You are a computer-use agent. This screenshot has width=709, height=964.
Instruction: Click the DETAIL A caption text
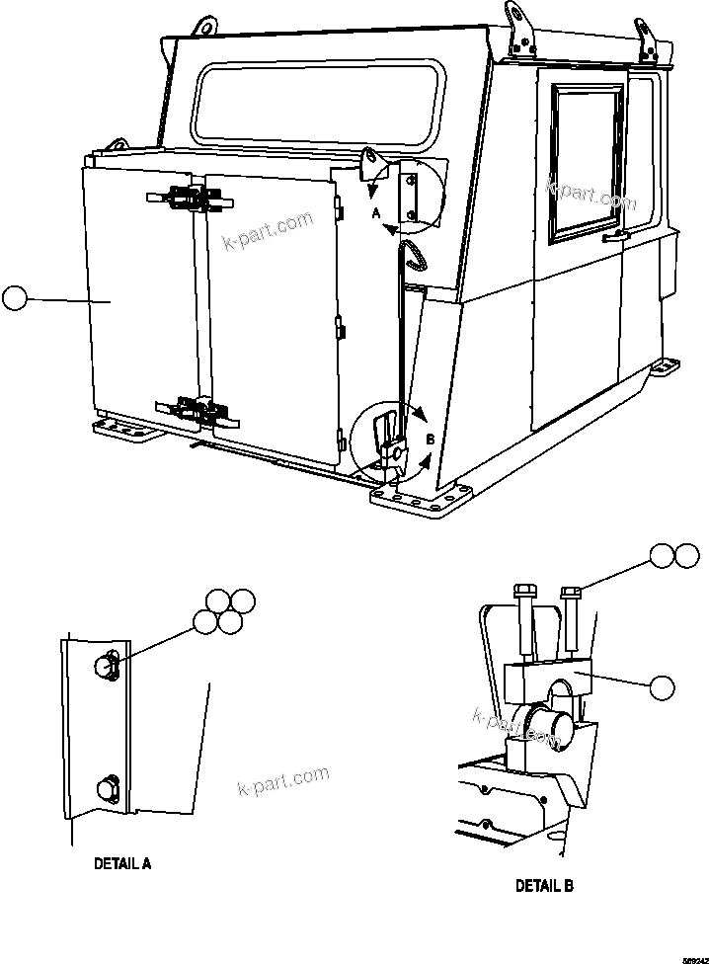click(122, 862)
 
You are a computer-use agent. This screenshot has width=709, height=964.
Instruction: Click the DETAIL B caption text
click(544, 886)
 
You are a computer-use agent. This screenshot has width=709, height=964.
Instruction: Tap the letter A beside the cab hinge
click(376, 212)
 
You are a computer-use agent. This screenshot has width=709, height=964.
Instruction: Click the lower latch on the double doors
click(193, 408)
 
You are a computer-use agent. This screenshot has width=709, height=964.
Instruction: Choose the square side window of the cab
click(586, 162)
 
